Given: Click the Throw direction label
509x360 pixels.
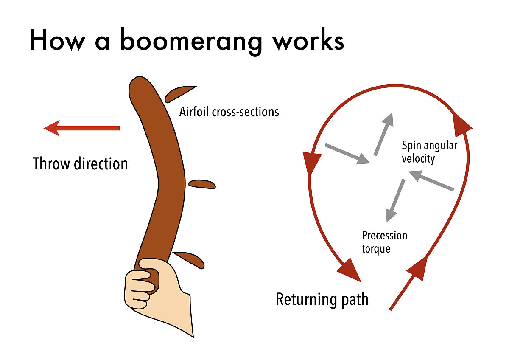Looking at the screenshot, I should (x=81, y=163).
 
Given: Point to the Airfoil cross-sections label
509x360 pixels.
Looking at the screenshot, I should (x=229, y=112).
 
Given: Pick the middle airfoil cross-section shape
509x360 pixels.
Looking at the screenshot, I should (x=202, y=184).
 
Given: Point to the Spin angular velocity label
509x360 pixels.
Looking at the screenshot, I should (x=429, y=152).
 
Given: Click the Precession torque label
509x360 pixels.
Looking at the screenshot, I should (x=384, y=242).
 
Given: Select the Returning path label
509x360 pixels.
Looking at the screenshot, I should (x=322, y=299).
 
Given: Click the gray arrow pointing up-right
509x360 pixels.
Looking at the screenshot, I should (x=383, y=134).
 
